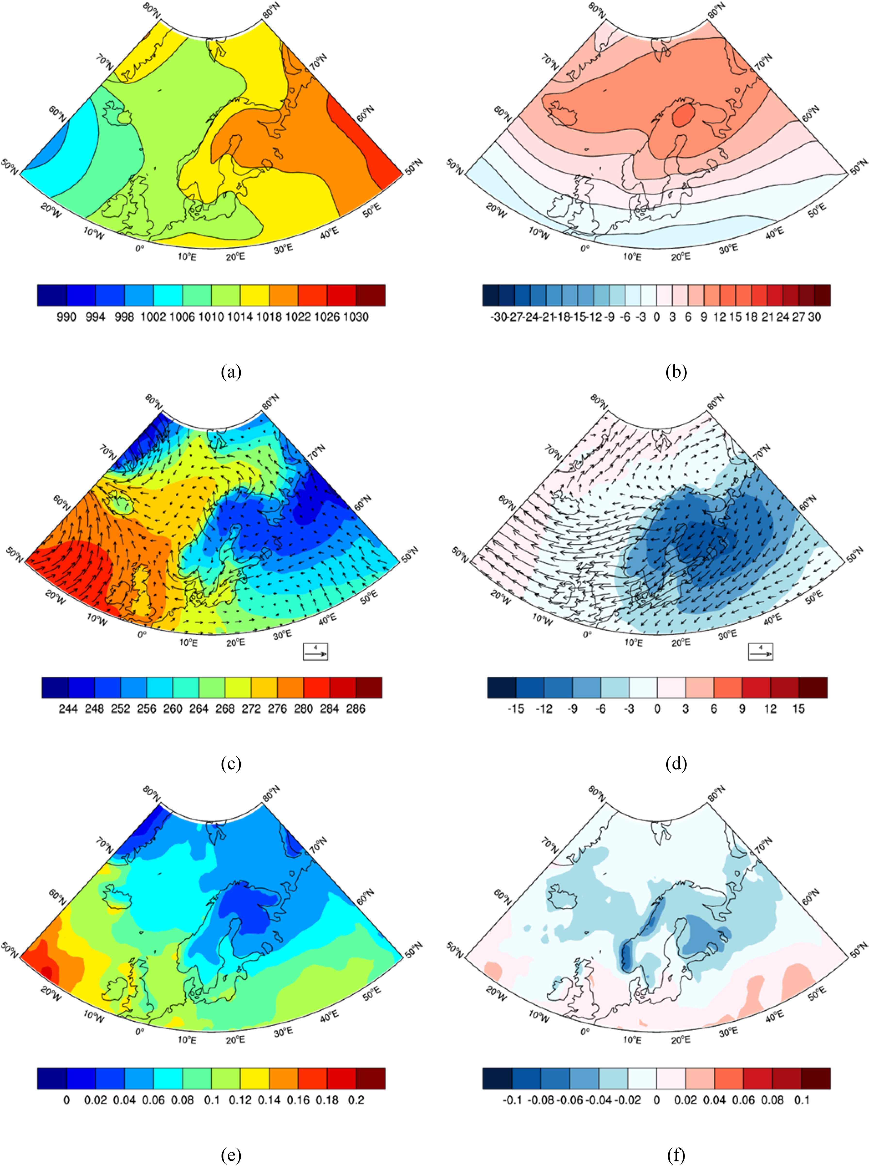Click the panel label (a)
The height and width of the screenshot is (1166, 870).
pos(231,372)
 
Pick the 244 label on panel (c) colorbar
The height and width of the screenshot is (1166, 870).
pos(68,709)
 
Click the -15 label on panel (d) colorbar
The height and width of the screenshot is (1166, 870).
pos(516,709)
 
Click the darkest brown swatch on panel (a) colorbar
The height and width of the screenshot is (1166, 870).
pos(370,295)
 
